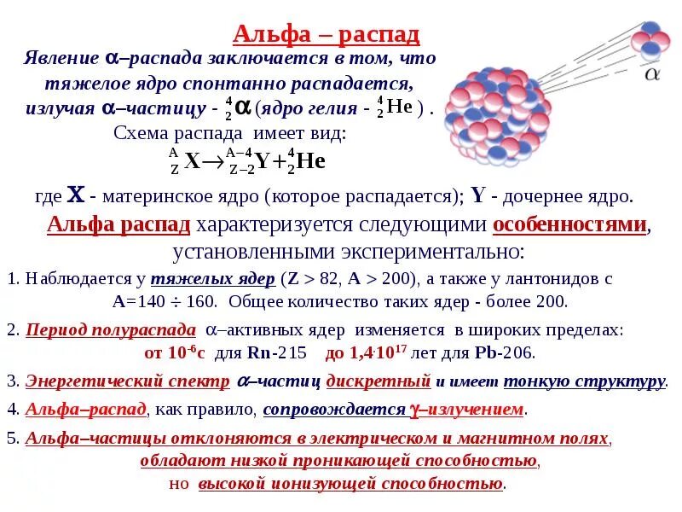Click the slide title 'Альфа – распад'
click(327, 35)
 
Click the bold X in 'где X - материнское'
click(76, 195)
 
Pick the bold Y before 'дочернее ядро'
click(477, 195)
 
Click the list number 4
click(11, 410)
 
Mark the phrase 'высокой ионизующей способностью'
click(350, 484)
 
